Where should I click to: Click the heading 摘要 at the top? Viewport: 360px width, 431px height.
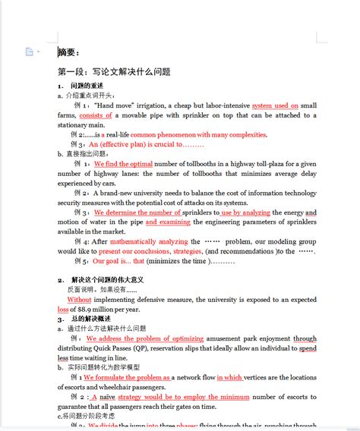[68, 52]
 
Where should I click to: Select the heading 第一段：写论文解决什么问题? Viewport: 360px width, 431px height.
[114, 72]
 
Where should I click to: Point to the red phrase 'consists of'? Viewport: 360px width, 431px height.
[96, 115]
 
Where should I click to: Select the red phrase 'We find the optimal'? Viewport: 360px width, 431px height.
[123, 164]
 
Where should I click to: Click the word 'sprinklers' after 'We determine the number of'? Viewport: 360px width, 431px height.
[200, 212]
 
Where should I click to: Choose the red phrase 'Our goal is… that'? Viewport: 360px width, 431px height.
[118, 261]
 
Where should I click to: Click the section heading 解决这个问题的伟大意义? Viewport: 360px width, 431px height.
[115, 280]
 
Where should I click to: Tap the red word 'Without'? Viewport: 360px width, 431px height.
[79, 300]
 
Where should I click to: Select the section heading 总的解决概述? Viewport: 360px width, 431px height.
[99, 319]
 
